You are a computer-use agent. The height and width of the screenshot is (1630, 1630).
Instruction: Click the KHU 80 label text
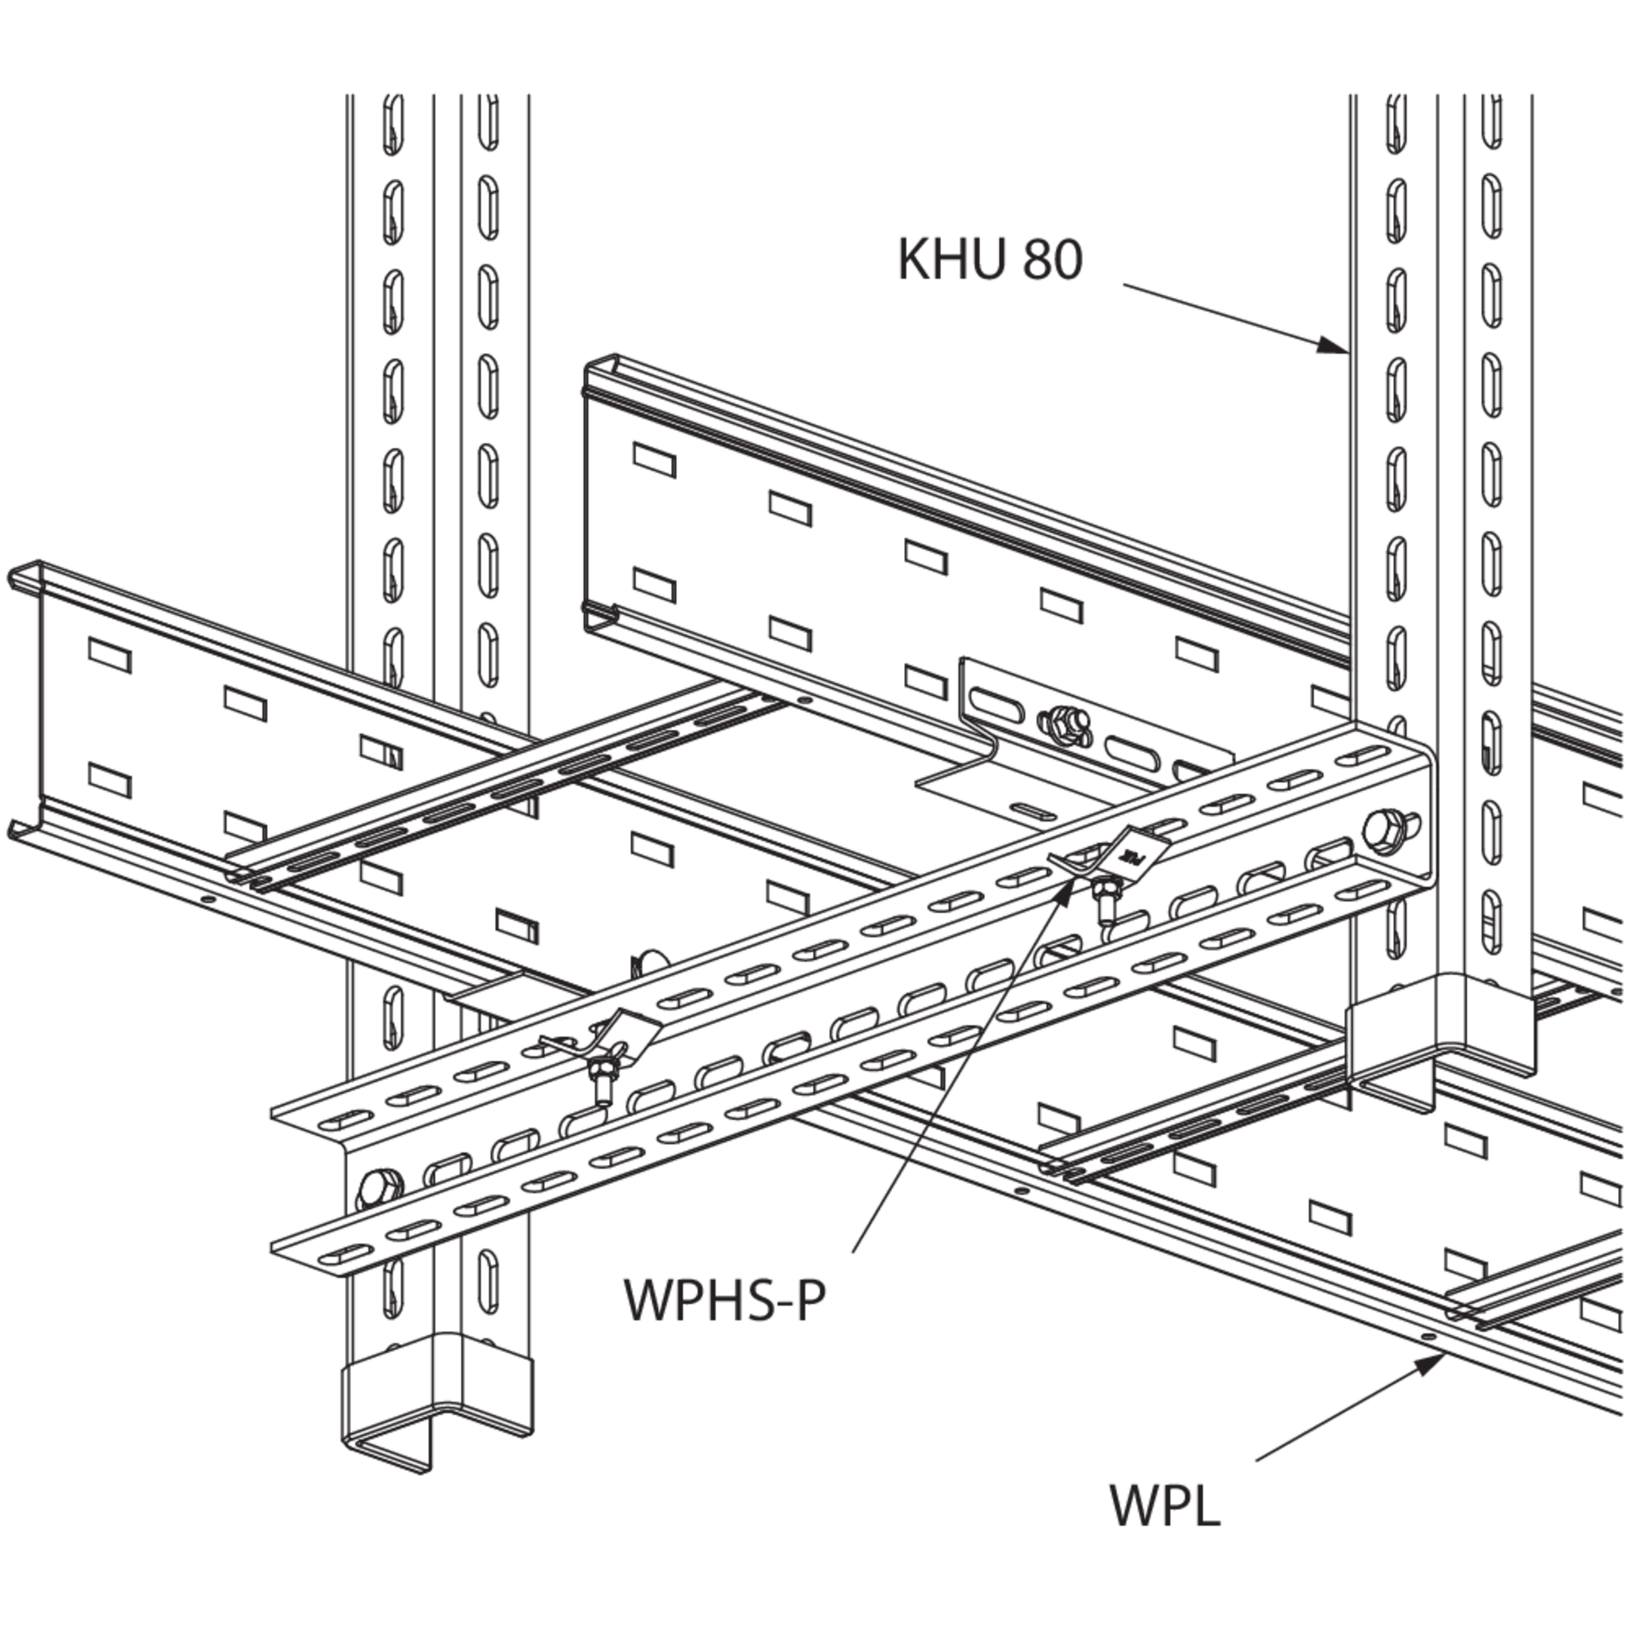[989, 259]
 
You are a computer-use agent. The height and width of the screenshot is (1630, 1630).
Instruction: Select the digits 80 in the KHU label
[1052, 259]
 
